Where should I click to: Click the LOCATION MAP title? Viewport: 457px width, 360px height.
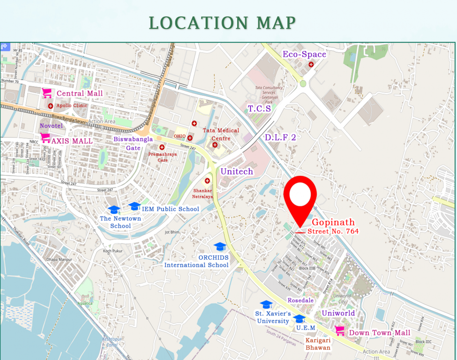pyautogui.click(x=222, y=22)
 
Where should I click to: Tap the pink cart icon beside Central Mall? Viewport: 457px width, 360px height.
pyautogui.click(x=47, y=93)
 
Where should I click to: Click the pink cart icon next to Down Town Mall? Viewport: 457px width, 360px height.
pyautogui.click(x=340, y=330)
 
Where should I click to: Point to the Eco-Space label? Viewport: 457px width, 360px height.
pyautogui.click(x=304, y=54)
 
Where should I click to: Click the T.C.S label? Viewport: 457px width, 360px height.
pyautogui.click(x=259, y=109)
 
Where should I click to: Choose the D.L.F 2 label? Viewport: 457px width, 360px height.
pyautogui.click(x=280, y=137)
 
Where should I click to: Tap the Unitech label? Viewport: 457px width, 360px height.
pyautogui.click(x=237, y=172)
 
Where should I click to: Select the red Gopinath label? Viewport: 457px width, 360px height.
pyautogui.click(x=333, y=222)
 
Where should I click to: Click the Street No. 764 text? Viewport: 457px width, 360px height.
pyautogui.click(x=333, y=232)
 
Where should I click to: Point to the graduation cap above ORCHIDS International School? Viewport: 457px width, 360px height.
pyautogui.click(x=220, y=247)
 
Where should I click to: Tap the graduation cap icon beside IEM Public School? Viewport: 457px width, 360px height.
pyautogui.click(x=135, y=206)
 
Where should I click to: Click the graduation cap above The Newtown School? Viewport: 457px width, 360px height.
pyautogui.click(x=114, y=210)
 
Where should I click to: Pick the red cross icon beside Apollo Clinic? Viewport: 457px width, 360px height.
pyautogui.click(x=51, y=106)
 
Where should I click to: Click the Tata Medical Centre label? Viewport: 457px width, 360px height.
pyautogui.click(x=221, y=134)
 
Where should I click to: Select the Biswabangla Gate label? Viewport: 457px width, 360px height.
pyautogui.click(x=127, y=143)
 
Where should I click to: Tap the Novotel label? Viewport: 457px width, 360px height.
pyautogui.click(x=51, y=126)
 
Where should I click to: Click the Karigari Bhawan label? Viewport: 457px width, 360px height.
pyautogui.click(x=318, y=344)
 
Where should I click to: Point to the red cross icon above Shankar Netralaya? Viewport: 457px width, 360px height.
pyautogui.click(x=207, y=181)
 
